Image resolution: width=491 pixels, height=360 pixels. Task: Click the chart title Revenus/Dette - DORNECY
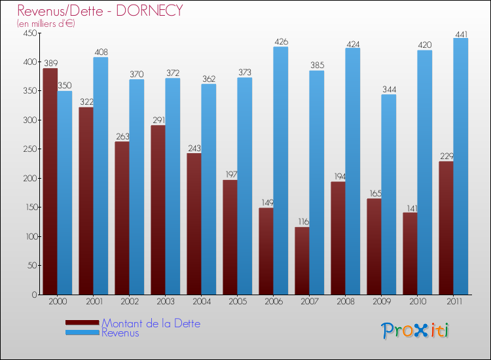[x=100, y=10]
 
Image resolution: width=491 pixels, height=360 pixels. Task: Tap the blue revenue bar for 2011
[x=461, y=166]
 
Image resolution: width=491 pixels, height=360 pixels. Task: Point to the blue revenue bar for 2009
[x=389, y=194]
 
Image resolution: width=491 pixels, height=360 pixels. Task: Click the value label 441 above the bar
[x=461, y=33]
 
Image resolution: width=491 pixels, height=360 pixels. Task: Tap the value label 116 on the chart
[x=302, y=222]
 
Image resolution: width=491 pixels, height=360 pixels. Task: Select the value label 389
[x=50, y=63]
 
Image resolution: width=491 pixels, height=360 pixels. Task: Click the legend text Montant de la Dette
[x=151, y=323]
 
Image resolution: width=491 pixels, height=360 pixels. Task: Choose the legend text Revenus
[x=120, y=333]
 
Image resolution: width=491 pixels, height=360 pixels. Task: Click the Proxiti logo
[x=415, y=331]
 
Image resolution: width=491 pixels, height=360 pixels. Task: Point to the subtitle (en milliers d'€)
[x=46, y=24]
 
